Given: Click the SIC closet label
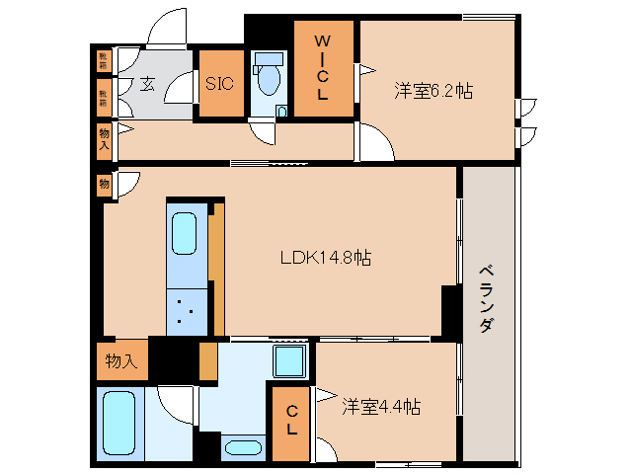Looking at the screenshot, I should tap(218, 84).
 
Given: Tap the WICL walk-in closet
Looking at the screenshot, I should tap(322, 68).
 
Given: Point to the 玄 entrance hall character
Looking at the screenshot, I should tap(146, 84).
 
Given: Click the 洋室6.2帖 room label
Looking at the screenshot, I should tap(433, 91).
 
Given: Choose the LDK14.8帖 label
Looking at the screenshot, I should tap(326, 258).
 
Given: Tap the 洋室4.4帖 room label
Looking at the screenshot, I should tap(382, 406).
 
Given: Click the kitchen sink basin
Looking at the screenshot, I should tap(186, 234).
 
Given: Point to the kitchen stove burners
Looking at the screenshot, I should tap(185, 311).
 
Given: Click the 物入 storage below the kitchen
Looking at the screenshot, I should tap(121, 361).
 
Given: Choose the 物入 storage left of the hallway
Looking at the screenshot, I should tap(104, 139).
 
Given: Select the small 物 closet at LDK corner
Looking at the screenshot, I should tap(104, 184).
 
